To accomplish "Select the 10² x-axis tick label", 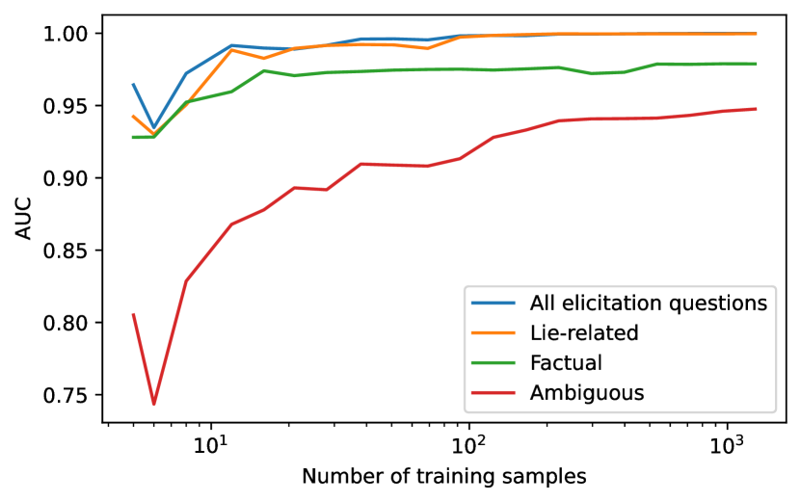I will click(468, 445).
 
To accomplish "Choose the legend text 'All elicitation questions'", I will click(648, 304).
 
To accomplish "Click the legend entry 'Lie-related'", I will click(584, 333).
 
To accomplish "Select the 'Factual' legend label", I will click(566, 362).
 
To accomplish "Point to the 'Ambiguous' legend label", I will click(587, 392).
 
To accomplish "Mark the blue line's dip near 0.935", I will click(153, 127).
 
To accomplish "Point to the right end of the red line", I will click(756, 109).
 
